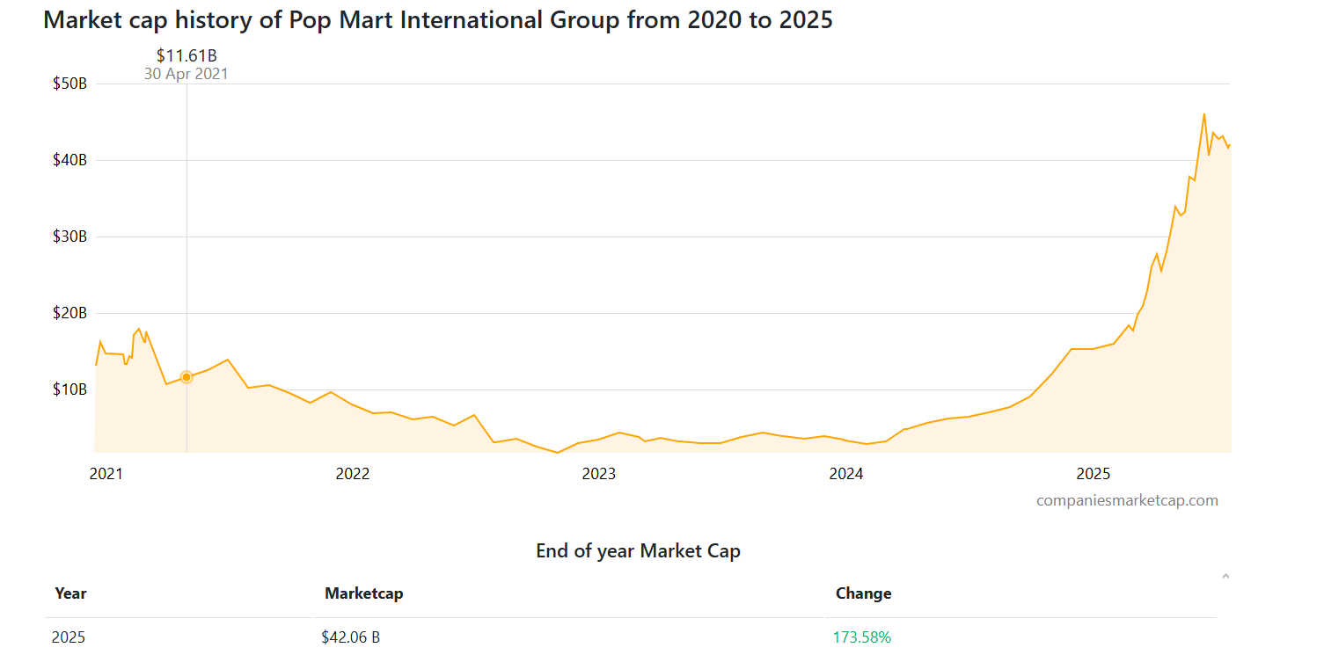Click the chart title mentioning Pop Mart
click(437, 20)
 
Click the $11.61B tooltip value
click(187, 56)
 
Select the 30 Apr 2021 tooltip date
click(187, 74)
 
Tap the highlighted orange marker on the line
click(187, 377)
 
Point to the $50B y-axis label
click(69, 84)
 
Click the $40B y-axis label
click(69, 160)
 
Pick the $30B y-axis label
click(69, 237)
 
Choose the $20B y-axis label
click(69, 313)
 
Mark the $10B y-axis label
click(69, 389)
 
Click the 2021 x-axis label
click(106, 474)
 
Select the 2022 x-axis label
click(353, 474)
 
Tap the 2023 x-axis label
click(599, 474)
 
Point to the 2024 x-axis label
click(846, 474)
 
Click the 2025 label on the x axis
click(1094, 474)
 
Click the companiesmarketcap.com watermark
click(1127, 500)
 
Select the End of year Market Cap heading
click(638, 551)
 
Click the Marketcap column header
click(363, 593)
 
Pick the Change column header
click(863, 593)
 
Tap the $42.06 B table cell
click(350, 637)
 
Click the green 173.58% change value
click(862, 637)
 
